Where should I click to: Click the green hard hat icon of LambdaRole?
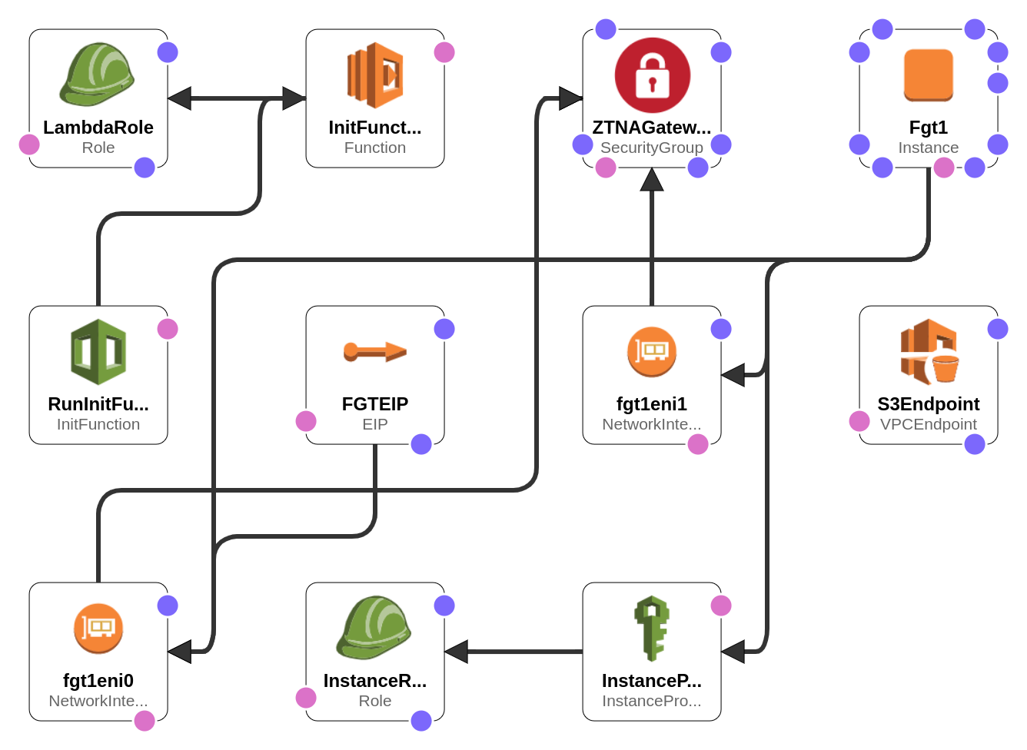pos(97,75)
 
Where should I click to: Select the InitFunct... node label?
pos(375,128)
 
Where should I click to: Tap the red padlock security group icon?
pos(652,75)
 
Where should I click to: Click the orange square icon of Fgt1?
pos(929,75)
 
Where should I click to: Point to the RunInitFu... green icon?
pos(98,352)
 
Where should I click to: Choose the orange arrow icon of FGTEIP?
pos(375,352)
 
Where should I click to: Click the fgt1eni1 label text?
pos(652,404)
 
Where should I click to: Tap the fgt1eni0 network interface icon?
pos(98,629)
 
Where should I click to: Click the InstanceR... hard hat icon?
pos(374,628)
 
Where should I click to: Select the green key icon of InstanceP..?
pos(652,629)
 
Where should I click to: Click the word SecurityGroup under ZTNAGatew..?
pos(652,148)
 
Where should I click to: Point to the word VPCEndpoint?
pos(929,424)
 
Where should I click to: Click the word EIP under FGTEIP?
pos(375,424)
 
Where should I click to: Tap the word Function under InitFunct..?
pos(375,148)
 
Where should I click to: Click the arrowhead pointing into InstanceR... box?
pos(457,652)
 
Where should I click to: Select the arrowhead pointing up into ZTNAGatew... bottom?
pos(652,179)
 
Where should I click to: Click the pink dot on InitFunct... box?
pos(444,52)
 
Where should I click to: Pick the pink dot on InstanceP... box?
pos(721,606)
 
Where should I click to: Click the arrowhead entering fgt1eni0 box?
pos(180,652)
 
